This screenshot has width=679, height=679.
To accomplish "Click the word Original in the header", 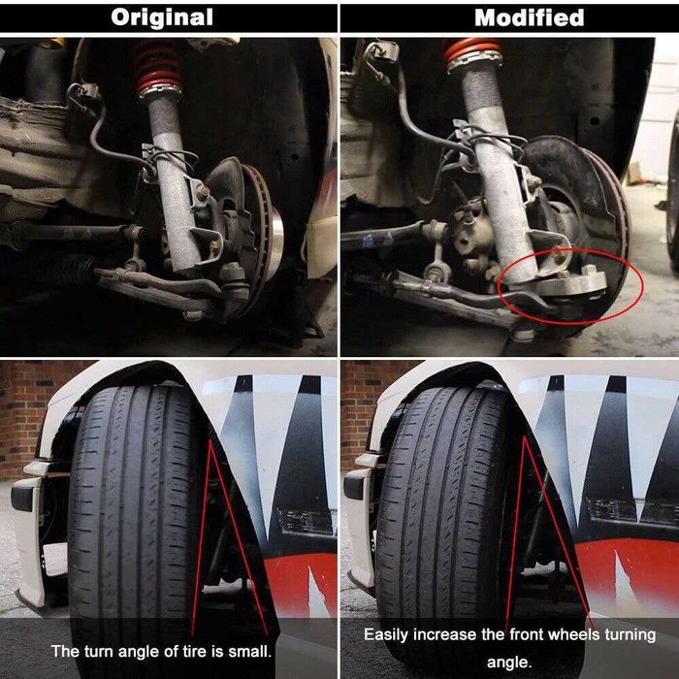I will point(161,17).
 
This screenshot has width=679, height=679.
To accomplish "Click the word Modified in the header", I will point(529,17).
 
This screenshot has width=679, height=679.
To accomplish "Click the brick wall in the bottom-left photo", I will point(24,407).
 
